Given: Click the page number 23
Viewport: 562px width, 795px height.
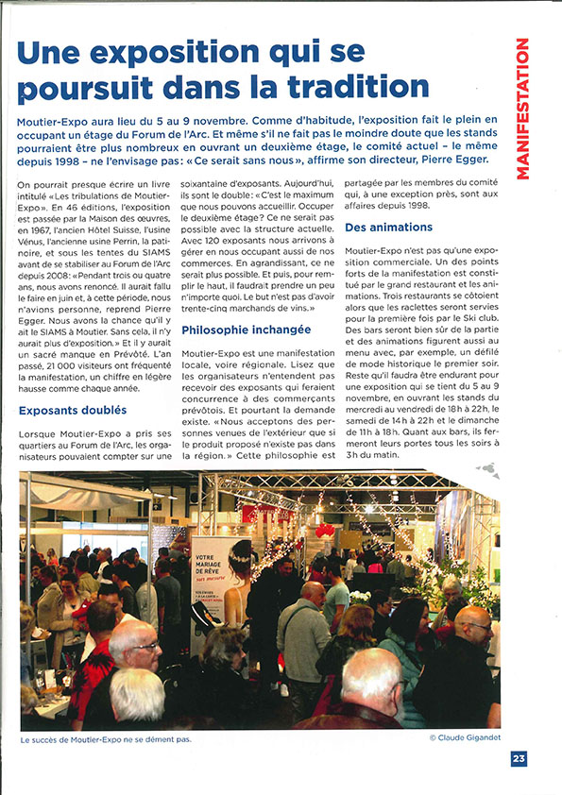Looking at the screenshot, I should click(x=519, y=758).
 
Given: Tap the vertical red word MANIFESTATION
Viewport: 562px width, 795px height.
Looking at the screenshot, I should click(x=522, y=109).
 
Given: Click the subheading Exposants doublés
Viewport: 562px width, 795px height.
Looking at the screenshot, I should click(x=73, y=411).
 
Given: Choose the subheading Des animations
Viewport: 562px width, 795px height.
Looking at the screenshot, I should click(x=389, y=228).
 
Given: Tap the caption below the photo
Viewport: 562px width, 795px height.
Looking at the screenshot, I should click(x=106, y=738).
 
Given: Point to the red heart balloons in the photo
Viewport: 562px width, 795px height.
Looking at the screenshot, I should click(x=326, y=530).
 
